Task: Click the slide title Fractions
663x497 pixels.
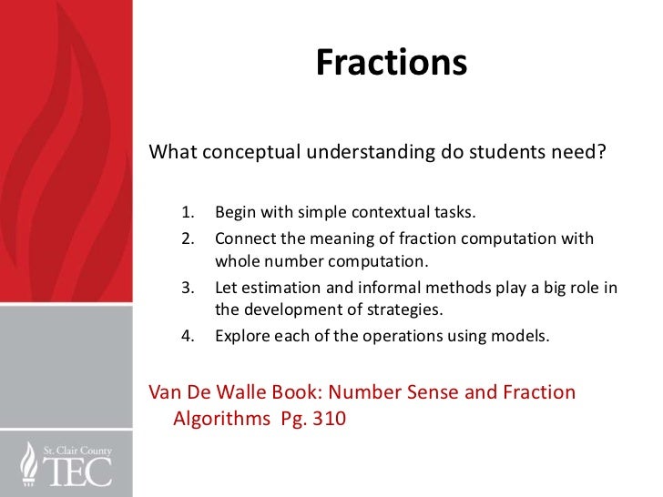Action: coord(391,63)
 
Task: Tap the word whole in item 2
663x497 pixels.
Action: coord(236,264)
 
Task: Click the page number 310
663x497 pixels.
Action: coord(328,421)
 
